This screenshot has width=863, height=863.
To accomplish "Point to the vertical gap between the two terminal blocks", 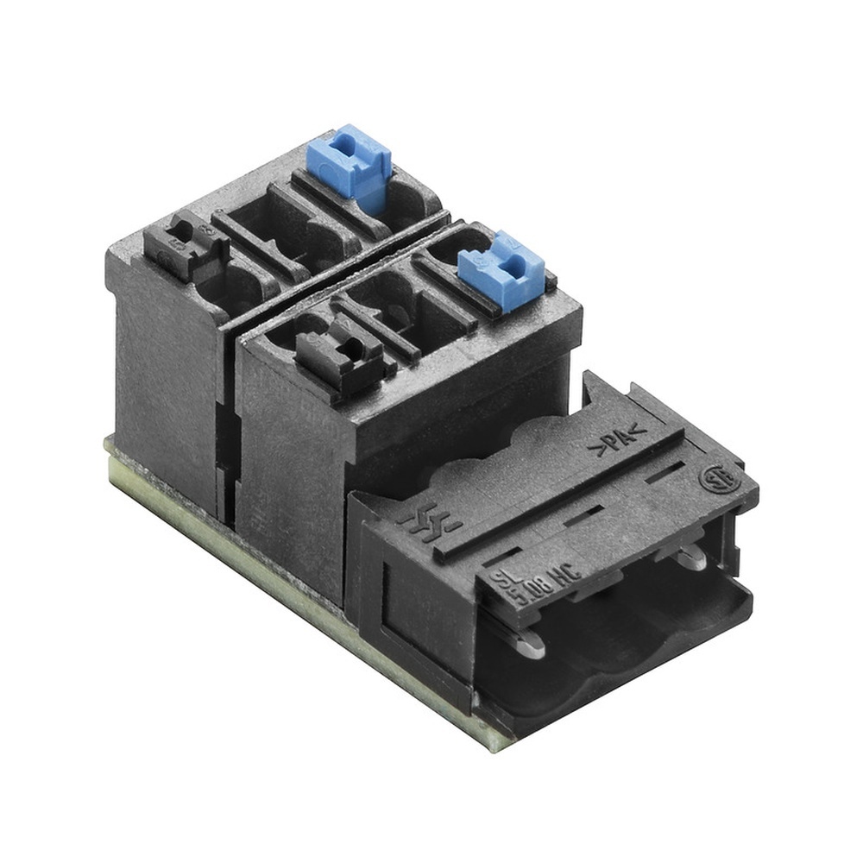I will (x=228, y=431).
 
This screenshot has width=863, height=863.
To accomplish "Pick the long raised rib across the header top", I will (x=561, y=492).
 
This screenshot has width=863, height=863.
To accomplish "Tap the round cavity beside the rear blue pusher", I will (x=406, y=200).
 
